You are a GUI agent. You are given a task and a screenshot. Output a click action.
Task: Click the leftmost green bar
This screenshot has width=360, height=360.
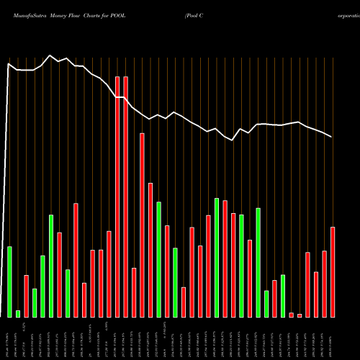pyautogui.click(x=9, y=282)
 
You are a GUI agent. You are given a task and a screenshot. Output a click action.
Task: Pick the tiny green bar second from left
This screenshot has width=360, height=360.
pyautogui.click(x=18, y=313)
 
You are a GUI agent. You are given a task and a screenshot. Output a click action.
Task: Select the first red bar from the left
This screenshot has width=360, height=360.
pyautogui.click(x=26, y=296)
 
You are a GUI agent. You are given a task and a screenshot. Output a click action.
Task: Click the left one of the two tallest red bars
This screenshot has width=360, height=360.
pyautogui.click(x=117, y=197)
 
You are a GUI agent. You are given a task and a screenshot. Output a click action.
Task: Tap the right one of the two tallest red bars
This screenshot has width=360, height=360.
pyautogui.click(x=125, y=197)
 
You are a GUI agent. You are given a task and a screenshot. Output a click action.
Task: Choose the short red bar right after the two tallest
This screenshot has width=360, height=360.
pyautogui.click(x=134, y=292)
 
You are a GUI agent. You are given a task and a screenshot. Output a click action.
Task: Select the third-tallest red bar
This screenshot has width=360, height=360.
pyautogui.click(x=142, y=225)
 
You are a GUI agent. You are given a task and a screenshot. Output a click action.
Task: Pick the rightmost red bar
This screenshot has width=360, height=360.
pyautogui.click(x=333, y=271)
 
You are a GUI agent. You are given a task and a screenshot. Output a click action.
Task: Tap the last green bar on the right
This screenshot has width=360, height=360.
pyautogui.click(x=283, y=295)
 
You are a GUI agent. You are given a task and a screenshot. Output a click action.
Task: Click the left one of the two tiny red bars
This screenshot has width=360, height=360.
pyautogui.click(x=292, y=315)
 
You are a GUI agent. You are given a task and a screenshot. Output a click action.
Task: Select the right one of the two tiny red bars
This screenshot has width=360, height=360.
pyautogui.click(x=300, y=315)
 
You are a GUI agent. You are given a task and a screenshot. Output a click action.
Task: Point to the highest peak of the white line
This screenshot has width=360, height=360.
pyautogui.click(x=50, y=55)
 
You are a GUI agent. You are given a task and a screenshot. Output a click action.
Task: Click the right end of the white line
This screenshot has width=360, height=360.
pyautogui.click(x=332, y=137)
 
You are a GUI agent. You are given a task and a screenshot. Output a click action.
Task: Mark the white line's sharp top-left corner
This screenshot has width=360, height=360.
pyautogui.click(x=9, y=65)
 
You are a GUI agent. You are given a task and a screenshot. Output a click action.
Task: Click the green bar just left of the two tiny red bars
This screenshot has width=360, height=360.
pyautogui.click(x=283, y=295)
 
